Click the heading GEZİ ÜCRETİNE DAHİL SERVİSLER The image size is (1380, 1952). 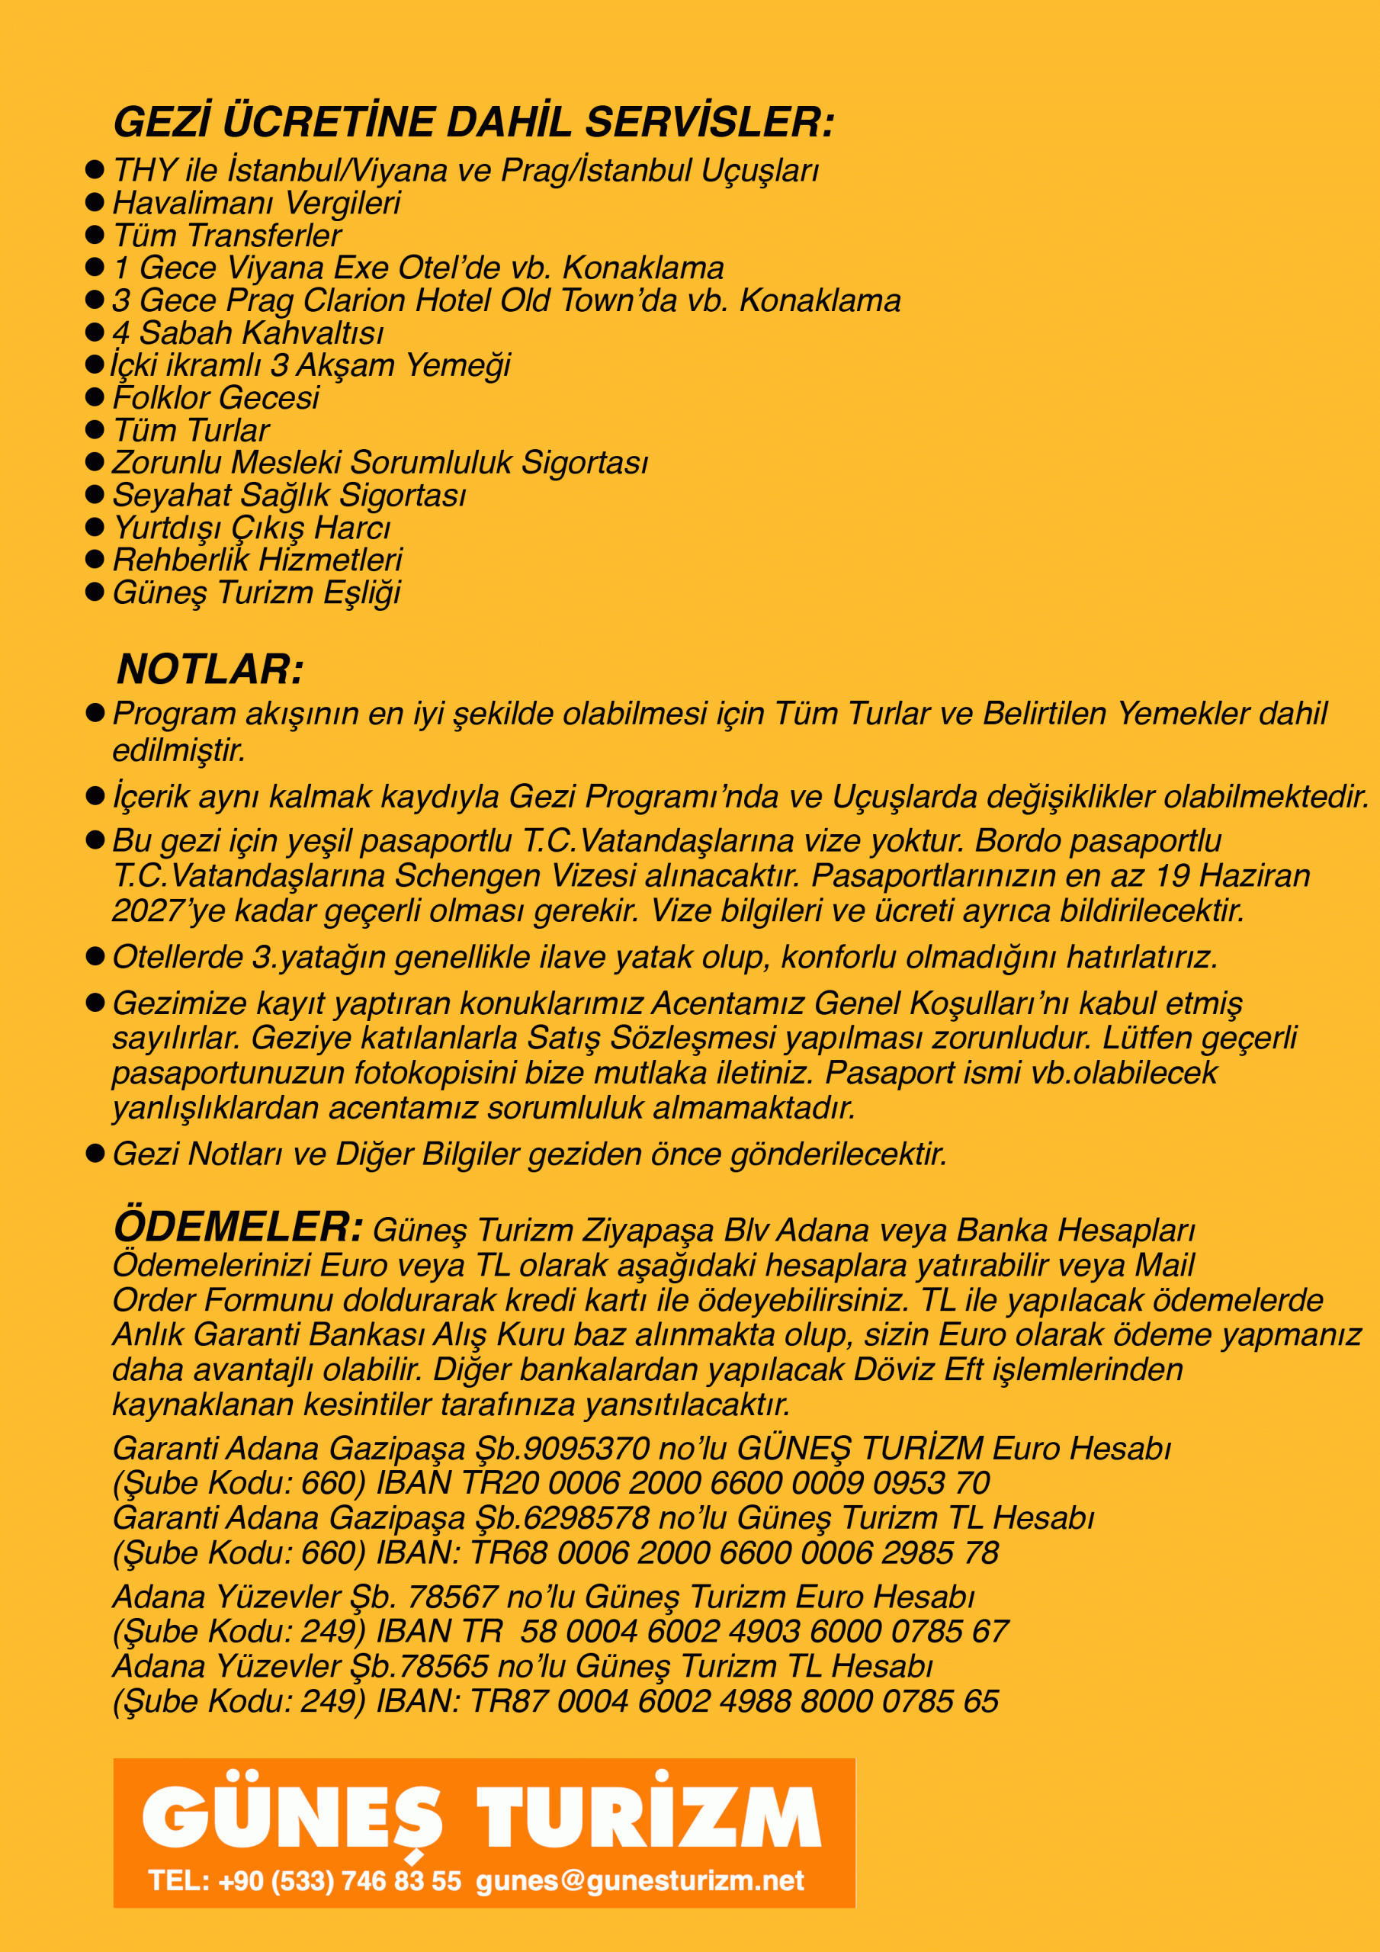[x=473, y=123]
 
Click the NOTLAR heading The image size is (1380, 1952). [x=210, y=669]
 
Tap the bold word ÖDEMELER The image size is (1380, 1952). [x=238, y=1227]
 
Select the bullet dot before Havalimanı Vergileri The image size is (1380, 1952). [x=95, y=203]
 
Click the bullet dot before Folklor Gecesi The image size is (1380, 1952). [x=95, y=397]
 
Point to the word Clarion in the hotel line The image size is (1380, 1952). [x=354, y=301]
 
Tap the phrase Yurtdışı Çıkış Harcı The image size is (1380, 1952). [x=252, y=528]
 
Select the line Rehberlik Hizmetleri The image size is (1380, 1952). [x=257, y=560]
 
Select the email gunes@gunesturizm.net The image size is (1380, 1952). [x=640, y=1880]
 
